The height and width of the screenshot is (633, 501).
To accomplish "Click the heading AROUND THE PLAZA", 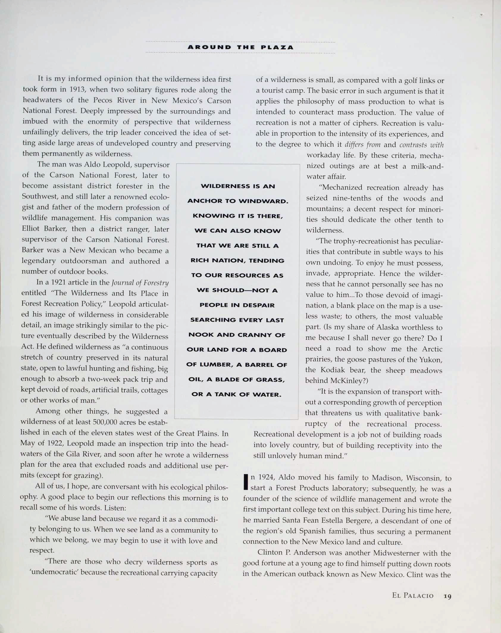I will pos(240,47).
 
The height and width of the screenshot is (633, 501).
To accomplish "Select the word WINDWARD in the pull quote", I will pos(263,201).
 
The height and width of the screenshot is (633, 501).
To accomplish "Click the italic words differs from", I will pos(362,145).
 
